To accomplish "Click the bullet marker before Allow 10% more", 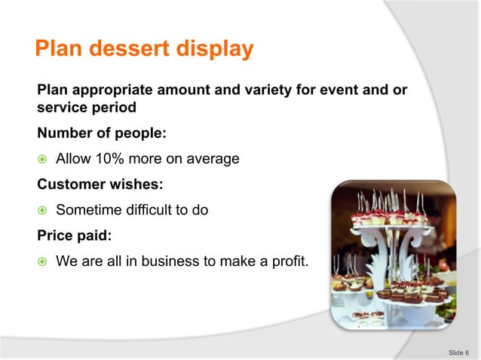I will click(x=42, y=160).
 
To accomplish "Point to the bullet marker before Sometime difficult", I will click(x=42, y=211).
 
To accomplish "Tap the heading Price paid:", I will click(x=74, y=236).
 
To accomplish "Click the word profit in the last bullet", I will click(x=290, y=261).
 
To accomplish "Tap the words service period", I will click(x=87, y=108).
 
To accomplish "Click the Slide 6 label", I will click(x=458, y=352).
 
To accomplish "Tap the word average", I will click(x=213, y=159).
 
